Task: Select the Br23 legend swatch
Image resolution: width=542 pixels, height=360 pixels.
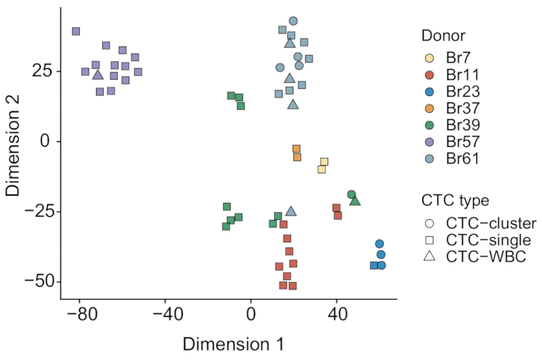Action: [x=430, y=91]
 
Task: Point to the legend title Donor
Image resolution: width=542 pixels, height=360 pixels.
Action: [x=443, y=36]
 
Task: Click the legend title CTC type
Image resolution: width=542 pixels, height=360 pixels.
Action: [x=455, y=201]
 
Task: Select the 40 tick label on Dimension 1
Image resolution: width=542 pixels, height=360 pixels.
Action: [x=337, y=315]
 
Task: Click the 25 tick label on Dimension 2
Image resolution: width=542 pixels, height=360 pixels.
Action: [x=43, y=70]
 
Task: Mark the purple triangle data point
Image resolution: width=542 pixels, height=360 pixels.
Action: [x=98, y=75]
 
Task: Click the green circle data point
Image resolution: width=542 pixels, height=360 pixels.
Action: [x=352, y=194]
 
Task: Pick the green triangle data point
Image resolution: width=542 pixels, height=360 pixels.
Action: [x=355, y=201]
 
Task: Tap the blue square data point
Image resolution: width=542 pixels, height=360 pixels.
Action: [x=374, y=266]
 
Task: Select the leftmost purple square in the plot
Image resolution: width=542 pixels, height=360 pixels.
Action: [x=76, y=32]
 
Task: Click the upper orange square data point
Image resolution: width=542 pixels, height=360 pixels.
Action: [x=297, y=149]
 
